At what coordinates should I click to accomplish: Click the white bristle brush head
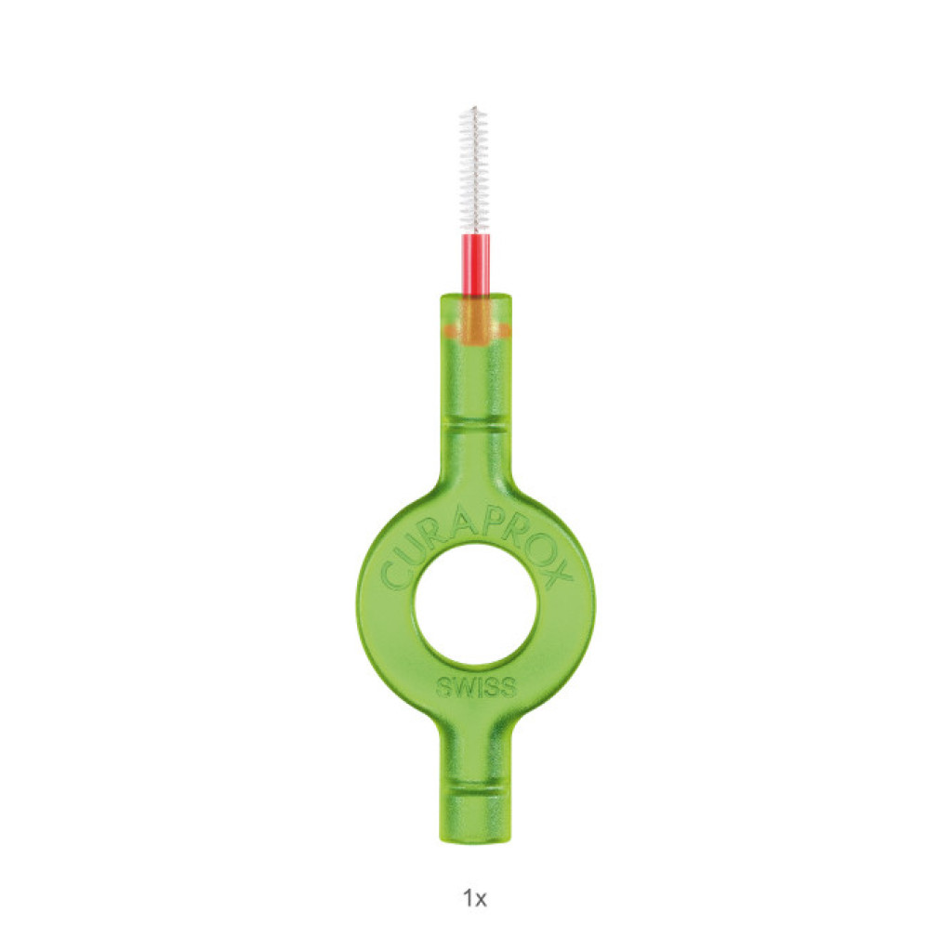tap(475, 171)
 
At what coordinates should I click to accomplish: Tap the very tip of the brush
tap(475, 107)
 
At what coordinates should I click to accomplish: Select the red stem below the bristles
tap(476, 265)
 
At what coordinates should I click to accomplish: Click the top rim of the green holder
tap(475, 297)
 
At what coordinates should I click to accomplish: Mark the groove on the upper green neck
tap(475, 426)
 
